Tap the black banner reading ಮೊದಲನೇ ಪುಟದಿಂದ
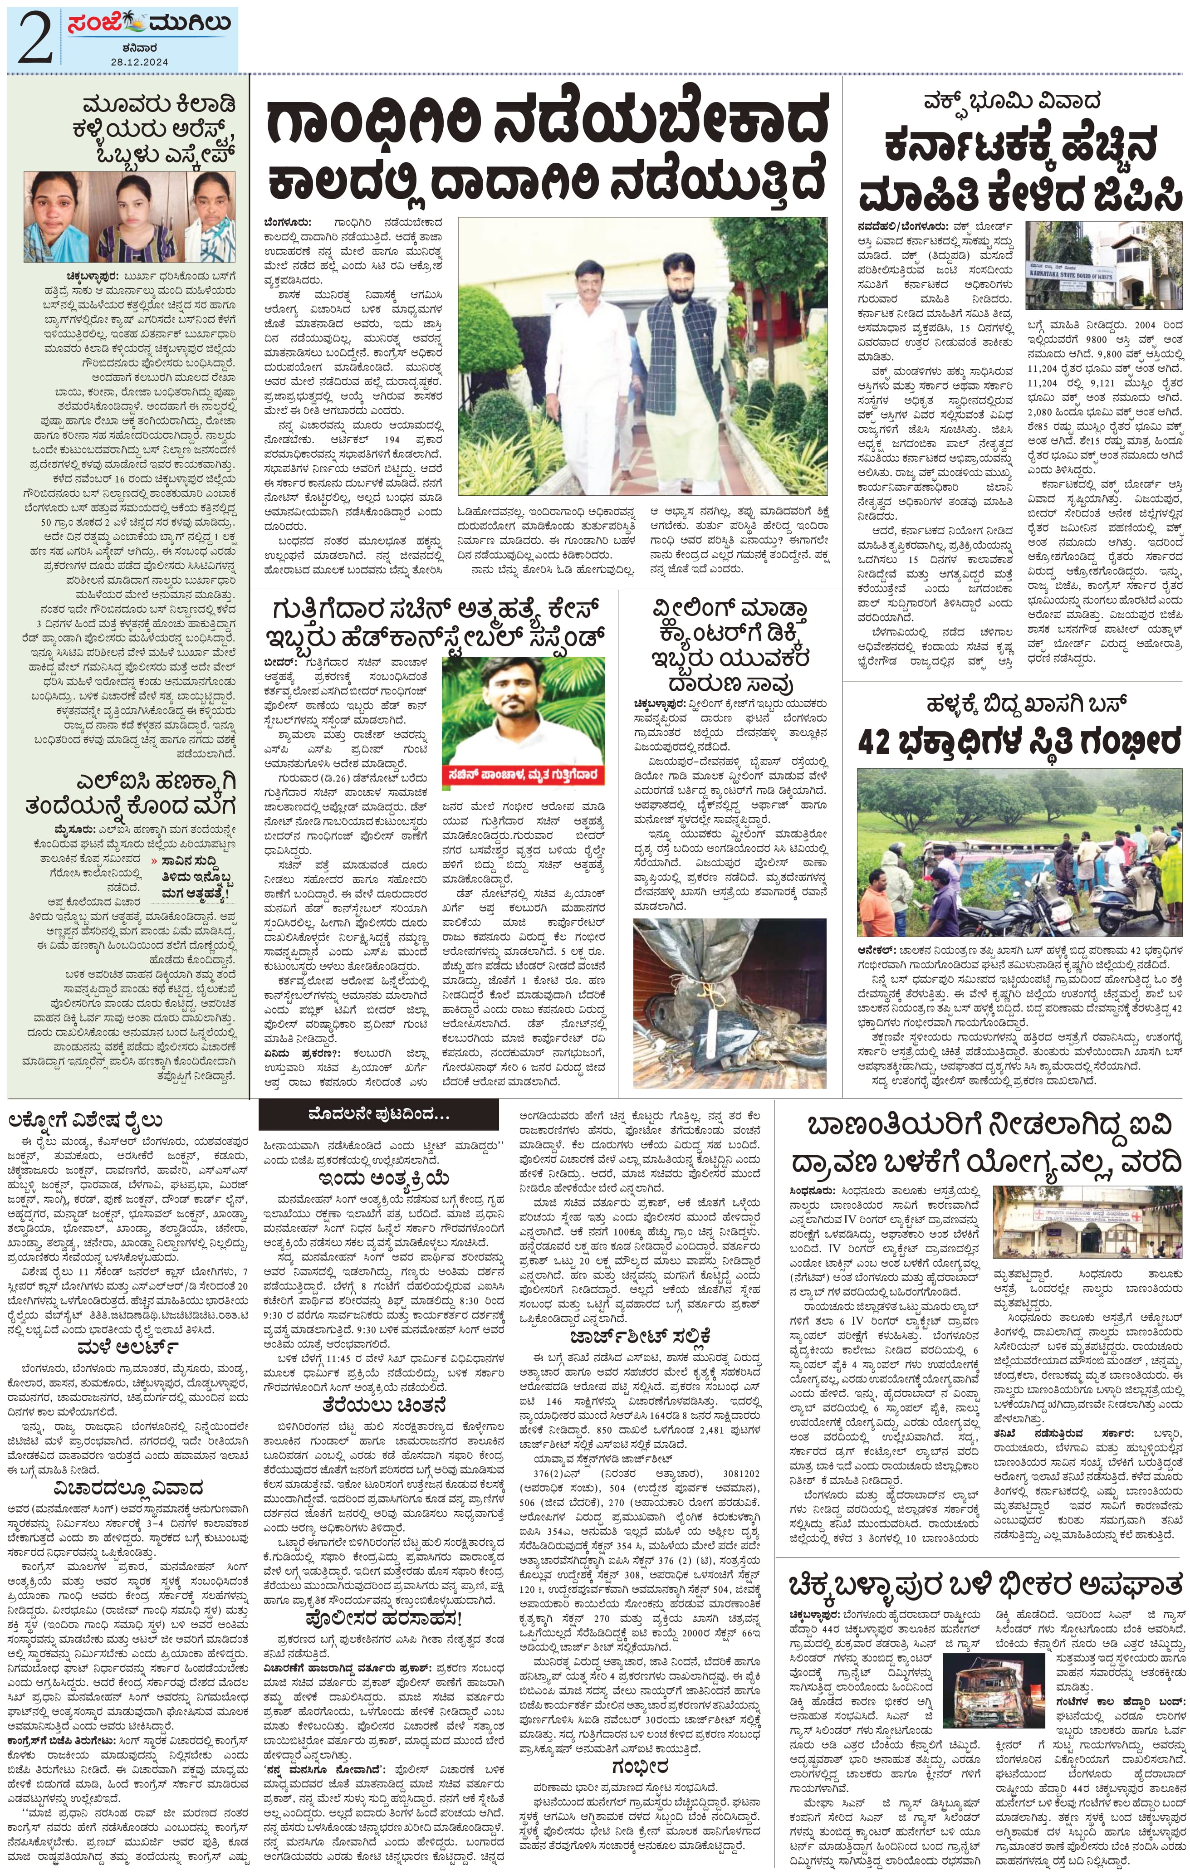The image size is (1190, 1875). point(378,1115)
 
